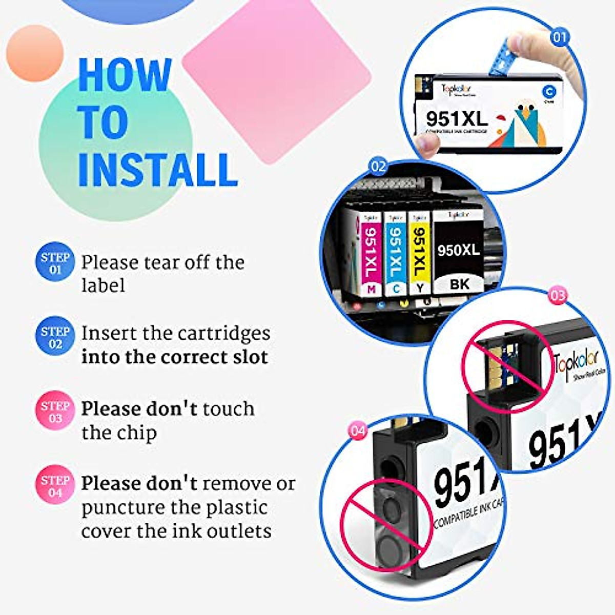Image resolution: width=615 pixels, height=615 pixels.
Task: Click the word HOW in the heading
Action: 125,75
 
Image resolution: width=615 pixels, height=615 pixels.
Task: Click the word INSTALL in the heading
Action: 157,170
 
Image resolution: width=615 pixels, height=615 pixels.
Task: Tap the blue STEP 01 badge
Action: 55,262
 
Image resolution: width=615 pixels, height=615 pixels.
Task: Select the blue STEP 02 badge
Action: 55,337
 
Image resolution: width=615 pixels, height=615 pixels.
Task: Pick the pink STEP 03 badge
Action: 55,411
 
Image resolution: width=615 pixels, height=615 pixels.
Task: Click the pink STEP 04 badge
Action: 55,485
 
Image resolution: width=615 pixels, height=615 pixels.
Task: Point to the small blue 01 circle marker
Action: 560,37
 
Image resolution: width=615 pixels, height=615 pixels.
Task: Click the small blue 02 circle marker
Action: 378,167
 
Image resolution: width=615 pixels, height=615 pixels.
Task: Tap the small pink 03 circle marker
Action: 558,296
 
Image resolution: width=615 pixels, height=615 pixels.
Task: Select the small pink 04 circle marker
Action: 357,430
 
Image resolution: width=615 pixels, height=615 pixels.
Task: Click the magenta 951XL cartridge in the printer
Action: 371,254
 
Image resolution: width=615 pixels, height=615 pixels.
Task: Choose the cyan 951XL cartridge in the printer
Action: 395,254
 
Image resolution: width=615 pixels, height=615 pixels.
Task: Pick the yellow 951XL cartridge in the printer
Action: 419,254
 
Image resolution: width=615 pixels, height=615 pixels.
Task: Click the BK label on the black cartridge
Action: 459,283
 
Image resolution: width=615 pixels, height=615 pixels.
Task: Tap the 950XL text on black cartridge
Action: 459,250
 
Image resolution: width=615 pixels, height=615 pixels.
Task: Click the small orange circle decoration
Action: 35,53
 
